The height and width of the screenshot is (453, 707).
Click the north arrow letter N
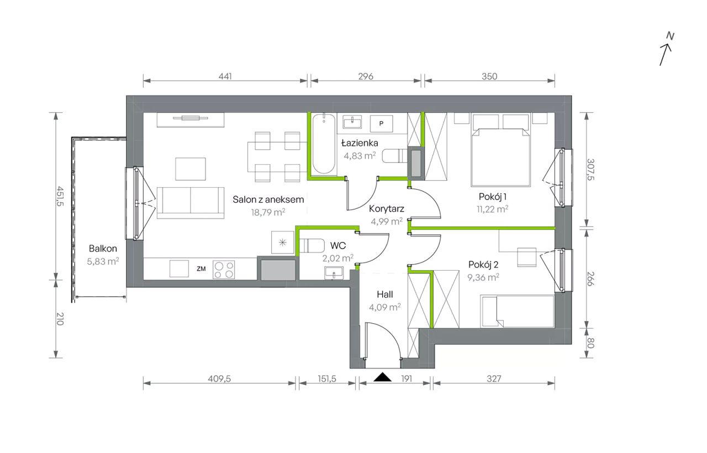[x=670, y=36]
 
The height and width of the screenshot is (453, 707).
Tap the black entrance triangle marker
[x=383, y=377]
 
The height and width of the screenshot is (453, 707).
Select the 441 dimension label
[x=225, y=76]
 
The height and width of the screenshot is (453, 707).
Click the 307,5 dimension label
[x=590, y=170]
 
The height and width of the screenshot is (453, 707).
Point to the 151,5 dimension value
[x=327, y=378]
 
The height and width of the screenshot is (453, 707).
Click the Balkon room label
[x=103, y=249]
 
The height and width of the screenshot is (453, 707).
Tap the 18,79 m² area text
[x=268, y=212]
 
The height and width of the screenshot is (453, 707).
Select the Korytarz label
[x=387, y=209]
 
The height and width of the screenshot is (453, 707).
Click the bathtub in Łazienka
[x=324, y=144]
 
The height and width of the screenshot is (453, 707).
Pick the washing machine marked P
[x=381, y=123]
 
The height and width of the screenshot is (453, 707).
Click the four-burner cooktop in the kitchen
[x=224, y=269]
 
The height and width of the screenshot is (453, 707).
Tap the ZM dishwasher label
[x=201, y=268]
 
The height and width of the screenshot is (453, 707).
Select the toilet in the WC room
[x=312, y=246]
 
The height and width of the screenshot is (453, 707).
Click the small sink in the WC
[x=334, y=273]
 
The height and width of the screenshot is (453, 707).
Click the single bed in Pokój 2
[x=518, y=312]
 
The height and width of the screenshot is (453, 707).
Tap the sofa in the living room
[x=191, y=203]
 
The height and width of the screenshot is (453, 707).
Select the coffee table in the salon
[x=191, y=169]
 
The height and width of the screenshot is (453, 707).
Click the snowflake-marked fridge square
[x=282, y=243]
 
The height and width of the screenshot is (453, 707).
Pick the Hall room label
[x=385, y=294]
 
